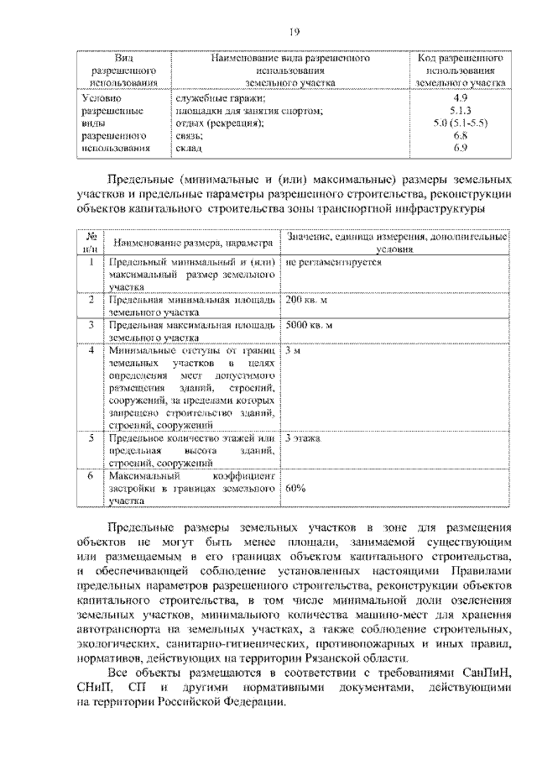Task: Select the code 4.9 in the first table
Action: click(459, 98)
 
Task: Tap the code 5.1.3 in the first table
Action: click(460, 110)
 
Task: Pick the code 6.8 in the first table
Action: click(459, 135)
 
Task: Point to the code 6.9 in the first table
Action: click(459, 148)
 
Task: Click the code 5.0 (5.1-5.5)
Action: click(460, 123)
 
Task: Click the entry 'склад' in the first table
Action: click(187, 148)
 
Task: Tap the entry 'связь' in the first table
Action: click(188, 135)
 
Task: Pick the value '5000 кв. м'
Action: click(310, 324)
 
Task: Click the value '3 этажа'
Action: click(303, 438)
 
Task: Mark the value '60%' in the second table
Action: click(295, 488)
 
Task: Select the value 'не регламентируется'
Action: click(334, 263)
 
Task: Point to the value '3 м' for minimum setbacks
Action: click(292, 349)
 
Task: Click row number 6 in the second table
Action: click(91, 475)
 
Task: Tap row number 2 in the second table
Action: click(91, 300)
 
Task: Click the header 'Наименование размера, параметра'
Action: click(191, 244)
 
